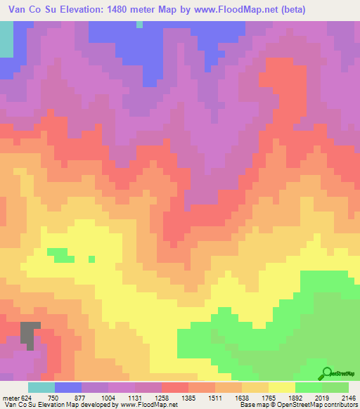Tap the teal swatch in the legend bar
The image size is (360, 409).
[41, 387]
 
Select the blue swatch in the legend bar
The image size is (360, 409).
[68, 387]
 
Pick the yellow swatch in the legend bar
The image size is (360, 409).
[282, 387]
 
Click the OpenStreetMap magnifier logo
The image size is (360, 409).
[327, 373]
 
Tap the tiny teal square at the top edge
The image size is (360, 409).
[139, 25]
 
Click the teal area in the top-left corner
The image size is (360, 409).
[6, 39]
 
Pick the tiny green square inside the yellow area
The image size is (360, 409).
[91, 259]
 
